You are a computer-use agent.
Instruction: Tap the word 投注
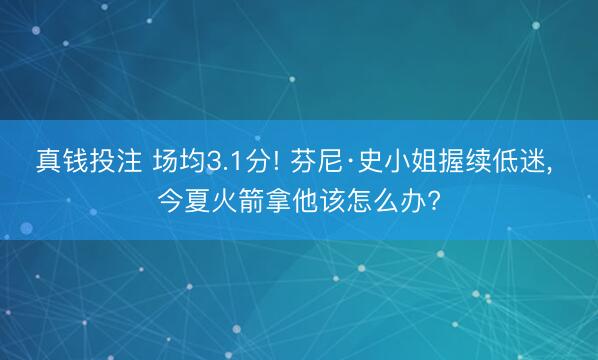pyautogui.click(x=114, y=160)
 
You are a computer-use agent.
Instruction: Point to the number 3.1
pyautogui.click(x=225, y=160)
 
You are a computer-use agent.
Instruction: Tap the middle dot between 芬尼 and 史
pyautogui.click(x=347, y=160)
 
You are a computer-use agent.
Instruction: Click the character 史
pyautogui.click(x=365, y=160)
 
